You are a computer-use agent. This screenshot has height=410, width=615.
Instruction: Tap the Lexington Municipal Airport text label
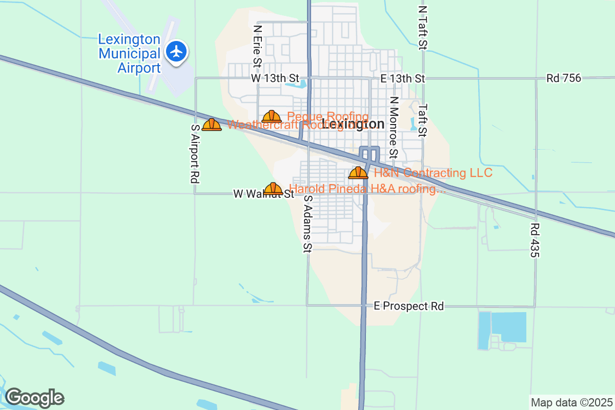pos(130,53)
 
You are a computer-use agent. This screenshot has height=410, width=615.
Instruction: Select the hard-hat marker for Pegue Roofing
pos(272,116)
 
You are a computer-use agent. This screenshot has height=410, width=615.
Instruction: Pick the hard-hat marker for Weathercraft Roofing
pos(212,125)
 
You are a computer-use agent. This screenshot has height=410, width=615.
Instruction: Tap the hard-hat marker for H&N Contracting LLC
pos(358,173)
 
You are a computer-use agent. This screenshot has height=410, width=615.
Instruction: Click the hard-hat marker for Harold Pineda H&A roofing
pos(273,189)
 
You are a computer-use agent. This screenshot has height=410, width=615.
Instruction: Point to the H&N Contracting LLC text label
pos(433,173)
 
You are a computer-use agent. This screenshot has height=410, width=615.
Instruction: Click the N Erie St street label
pos(257,47)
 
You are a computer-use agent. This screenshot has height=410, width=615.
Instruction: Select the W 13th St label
pos(275,78)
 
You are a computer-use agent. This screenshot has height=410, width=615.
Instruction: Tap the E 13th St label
pos(403,78)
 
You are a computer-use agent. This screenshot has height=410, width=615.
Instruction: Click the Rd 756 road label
pos(564,78)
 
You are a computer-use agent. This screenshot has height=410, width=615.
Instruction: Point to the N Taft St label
pos(422,28)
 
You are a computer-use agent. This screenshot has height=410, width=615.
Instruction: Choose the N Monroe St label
pos(393,127)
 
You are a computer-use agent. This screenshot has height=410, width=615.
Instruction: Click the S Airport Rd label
pos(194,154)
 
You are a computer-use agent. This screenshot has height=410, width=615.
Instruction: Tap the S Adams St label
pos(307,224)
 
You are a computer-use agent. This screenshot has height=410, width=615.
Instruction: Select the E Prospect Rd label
pos(408,306)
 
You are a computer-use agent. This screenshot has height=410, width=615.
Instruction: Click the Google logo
pos(34,398)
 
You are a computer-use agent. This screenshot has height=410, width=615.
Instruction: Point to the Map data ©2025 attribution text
pos(571,402)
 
